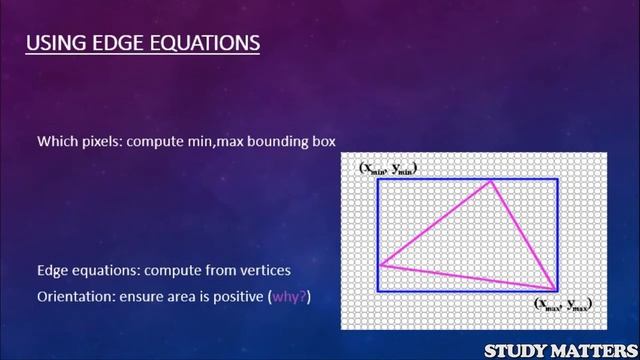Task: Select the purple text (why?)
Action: [290, 297]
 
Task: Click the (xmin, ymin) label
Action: [388, 167]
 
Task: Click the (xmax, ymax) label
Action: [562, 303]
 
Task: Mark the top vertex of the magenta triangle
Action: [490, 181]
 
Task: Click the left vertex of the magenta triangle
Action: [378, 265]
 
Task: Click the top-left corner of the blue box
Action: [378, 179]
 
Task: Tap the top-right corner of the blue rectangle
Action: [557, 179]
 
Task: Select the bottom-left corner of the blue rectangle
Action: [378, 291]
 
